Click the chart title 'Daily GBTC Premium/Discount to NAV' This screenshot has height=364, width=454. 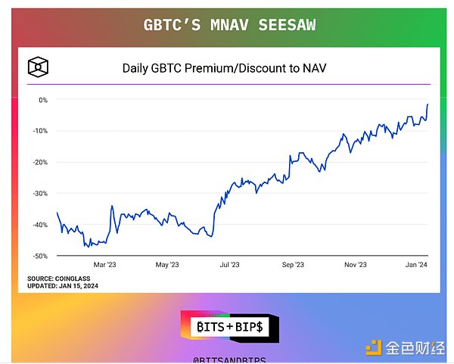[229, 68]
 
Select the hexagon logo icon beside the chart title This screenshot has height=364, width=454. [37, 67]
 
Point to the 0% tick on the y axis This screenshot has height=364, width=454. [42, 99]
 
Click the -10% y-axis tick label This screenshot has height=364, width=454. [40, 130]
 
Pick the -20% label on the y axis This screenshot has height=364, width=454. [40, 162]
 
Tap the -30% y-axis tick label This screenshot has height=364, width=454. [40, 193]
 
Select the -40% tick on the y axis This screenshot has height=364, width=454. [40, 225]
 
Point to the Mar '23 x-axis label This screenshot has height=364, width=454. [104, 265]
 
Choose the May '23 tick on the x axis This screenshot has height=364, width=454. [166, 265]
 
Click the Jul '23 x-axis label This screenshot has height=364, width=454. [230, 265]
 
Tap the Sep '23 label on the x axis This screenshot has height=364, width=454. [293, 265]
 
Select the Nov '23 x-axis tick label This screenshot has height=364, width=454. [356, 265]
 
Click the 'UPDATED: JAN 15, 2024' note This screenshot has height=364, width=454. [63, 285]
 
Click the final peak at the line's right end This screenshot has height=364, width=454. [428, 104]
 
